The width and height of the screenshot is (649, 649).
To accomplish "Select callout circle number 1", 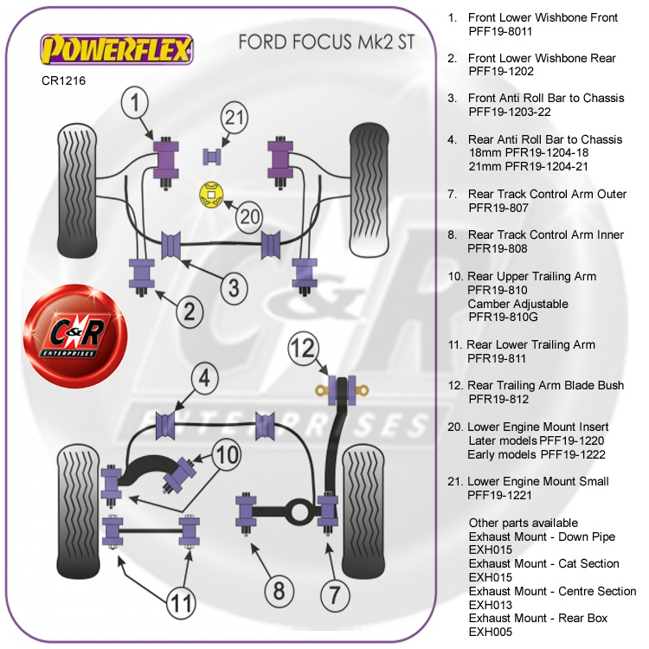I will point(134,105).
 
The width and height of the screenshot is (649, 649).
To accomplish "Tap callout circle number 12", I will point(304,350).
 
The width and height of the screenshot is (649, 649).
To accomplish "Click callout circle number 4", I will point(201,378).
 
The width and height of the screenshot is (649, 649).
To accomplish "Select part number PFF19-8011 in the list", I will point(499,31).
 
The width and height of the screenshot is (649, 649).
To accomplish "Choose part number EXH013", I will point(490,605).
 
